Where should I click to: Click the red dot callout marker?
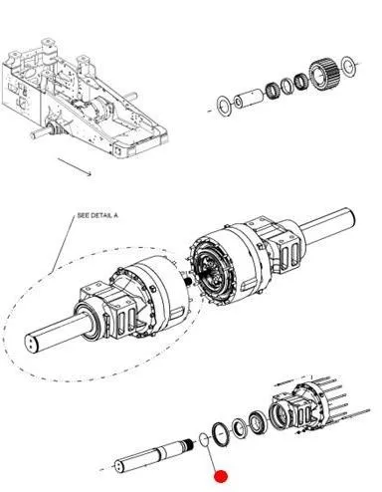click(221, 477)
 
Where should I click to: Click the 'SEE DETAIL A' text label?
click(97, 215)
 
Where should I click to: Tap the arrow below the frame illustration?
click(75, 167)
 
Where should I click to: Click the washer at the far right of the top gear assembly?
click(348, 66)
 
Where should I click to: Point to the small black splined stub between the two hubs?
click(189, 282)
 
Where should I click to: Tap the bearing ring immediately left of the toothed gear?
click(301, 81)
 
